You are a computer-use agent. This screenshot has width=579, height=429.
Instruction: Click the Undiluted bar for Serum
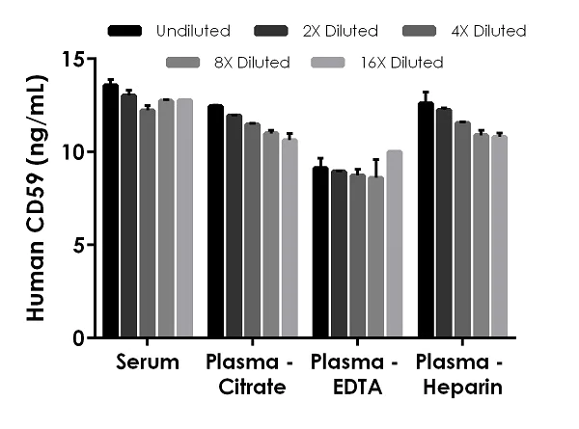[x=111, y=211]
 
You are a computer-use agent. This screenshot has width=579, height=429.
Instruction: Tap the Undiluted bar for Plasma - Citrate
[x=215, y=222]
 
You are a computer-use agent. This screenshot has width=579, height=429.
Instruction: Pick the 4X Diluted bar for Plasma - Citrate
[x=252, y=230]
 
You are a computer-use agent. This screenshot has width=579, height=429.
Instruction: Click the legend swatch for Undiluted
[x=126, y=31]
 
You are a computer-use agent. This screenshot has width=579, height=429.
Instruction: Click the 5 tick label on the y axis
[x=79, y=245]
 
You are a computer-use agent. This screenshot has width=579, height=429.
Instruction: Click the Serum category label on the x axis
[x=148, y=363]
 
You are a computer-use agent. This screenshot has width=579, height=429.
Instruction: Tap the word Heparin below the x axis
[x=462, y=388]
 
